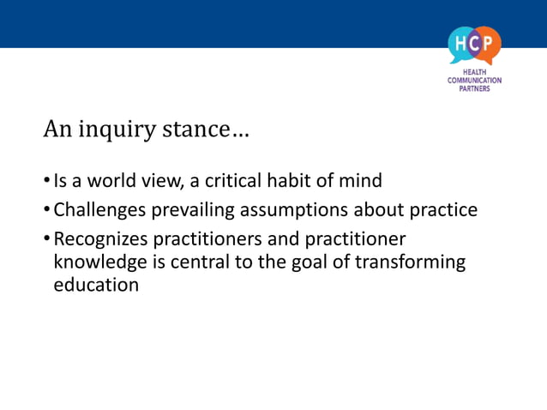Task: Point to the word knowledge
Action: [99, 262]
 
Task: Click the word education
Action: [96, 285]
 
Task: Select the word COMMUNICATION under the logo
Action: [474, 81]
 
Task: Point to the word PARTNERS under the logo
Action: [474, 88]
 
